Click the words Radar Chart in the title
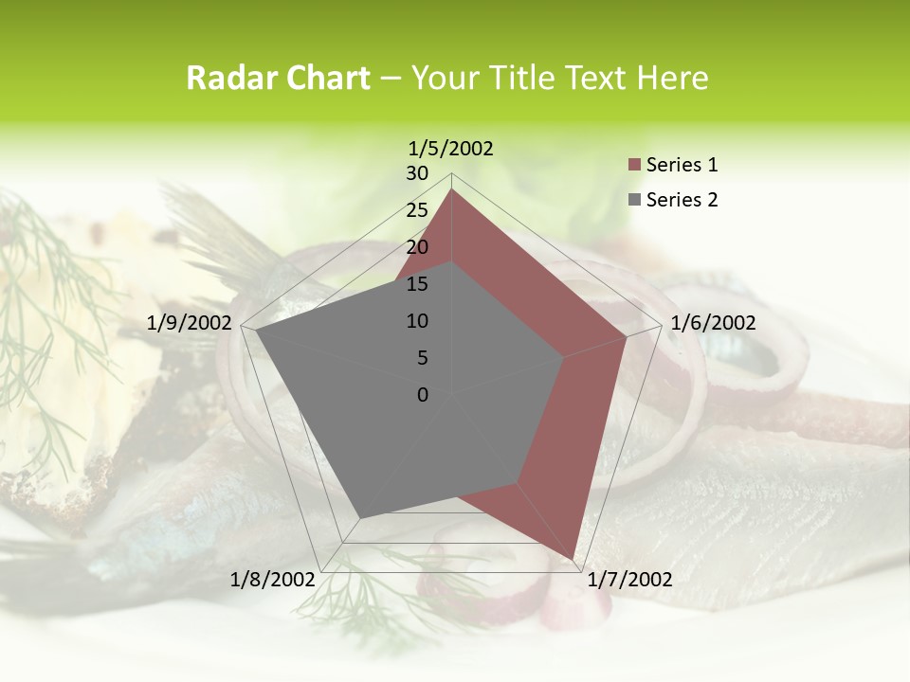pyautogui.click(x=278, y=79)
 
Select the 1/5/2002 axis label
pyautogui.click(x=451, y=148)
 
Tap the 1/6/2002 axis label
pyautogui.click(x=713, y=323)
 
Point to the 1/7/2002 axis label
pyautogui.click(x=629, y=580)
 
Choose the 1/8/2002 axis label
pyautogui.click(x=273, y=580)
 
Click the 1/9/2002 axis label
pyautogui.click(x=190, y=323)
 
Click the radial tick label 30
pyautogui.click(x=417, y=173)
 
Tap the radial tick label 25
pyautogui.click(x=417, y=210)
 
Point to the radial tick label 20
pyautogui.click(x=417, y=247)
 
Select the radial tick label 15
pyautogui.click(x=417, y=284)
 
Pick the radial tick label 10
pyautogui.click(x=417, y=321)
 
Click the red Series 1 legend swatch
pyautogui.click(x=635, y=166)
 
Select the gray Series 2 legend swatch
pyautogui.click(x=635, y=200)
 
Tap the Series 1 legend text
pyautogui.click(x=682, y=165)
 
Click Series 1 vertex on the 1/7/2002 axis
pyautogui.click(x=574, y=559)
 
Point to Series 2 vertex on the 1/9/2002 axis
pyautogui.click(x=256, y=332)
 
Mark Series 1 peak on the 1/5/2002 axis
pyautogui.click(x=451, y=189)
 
